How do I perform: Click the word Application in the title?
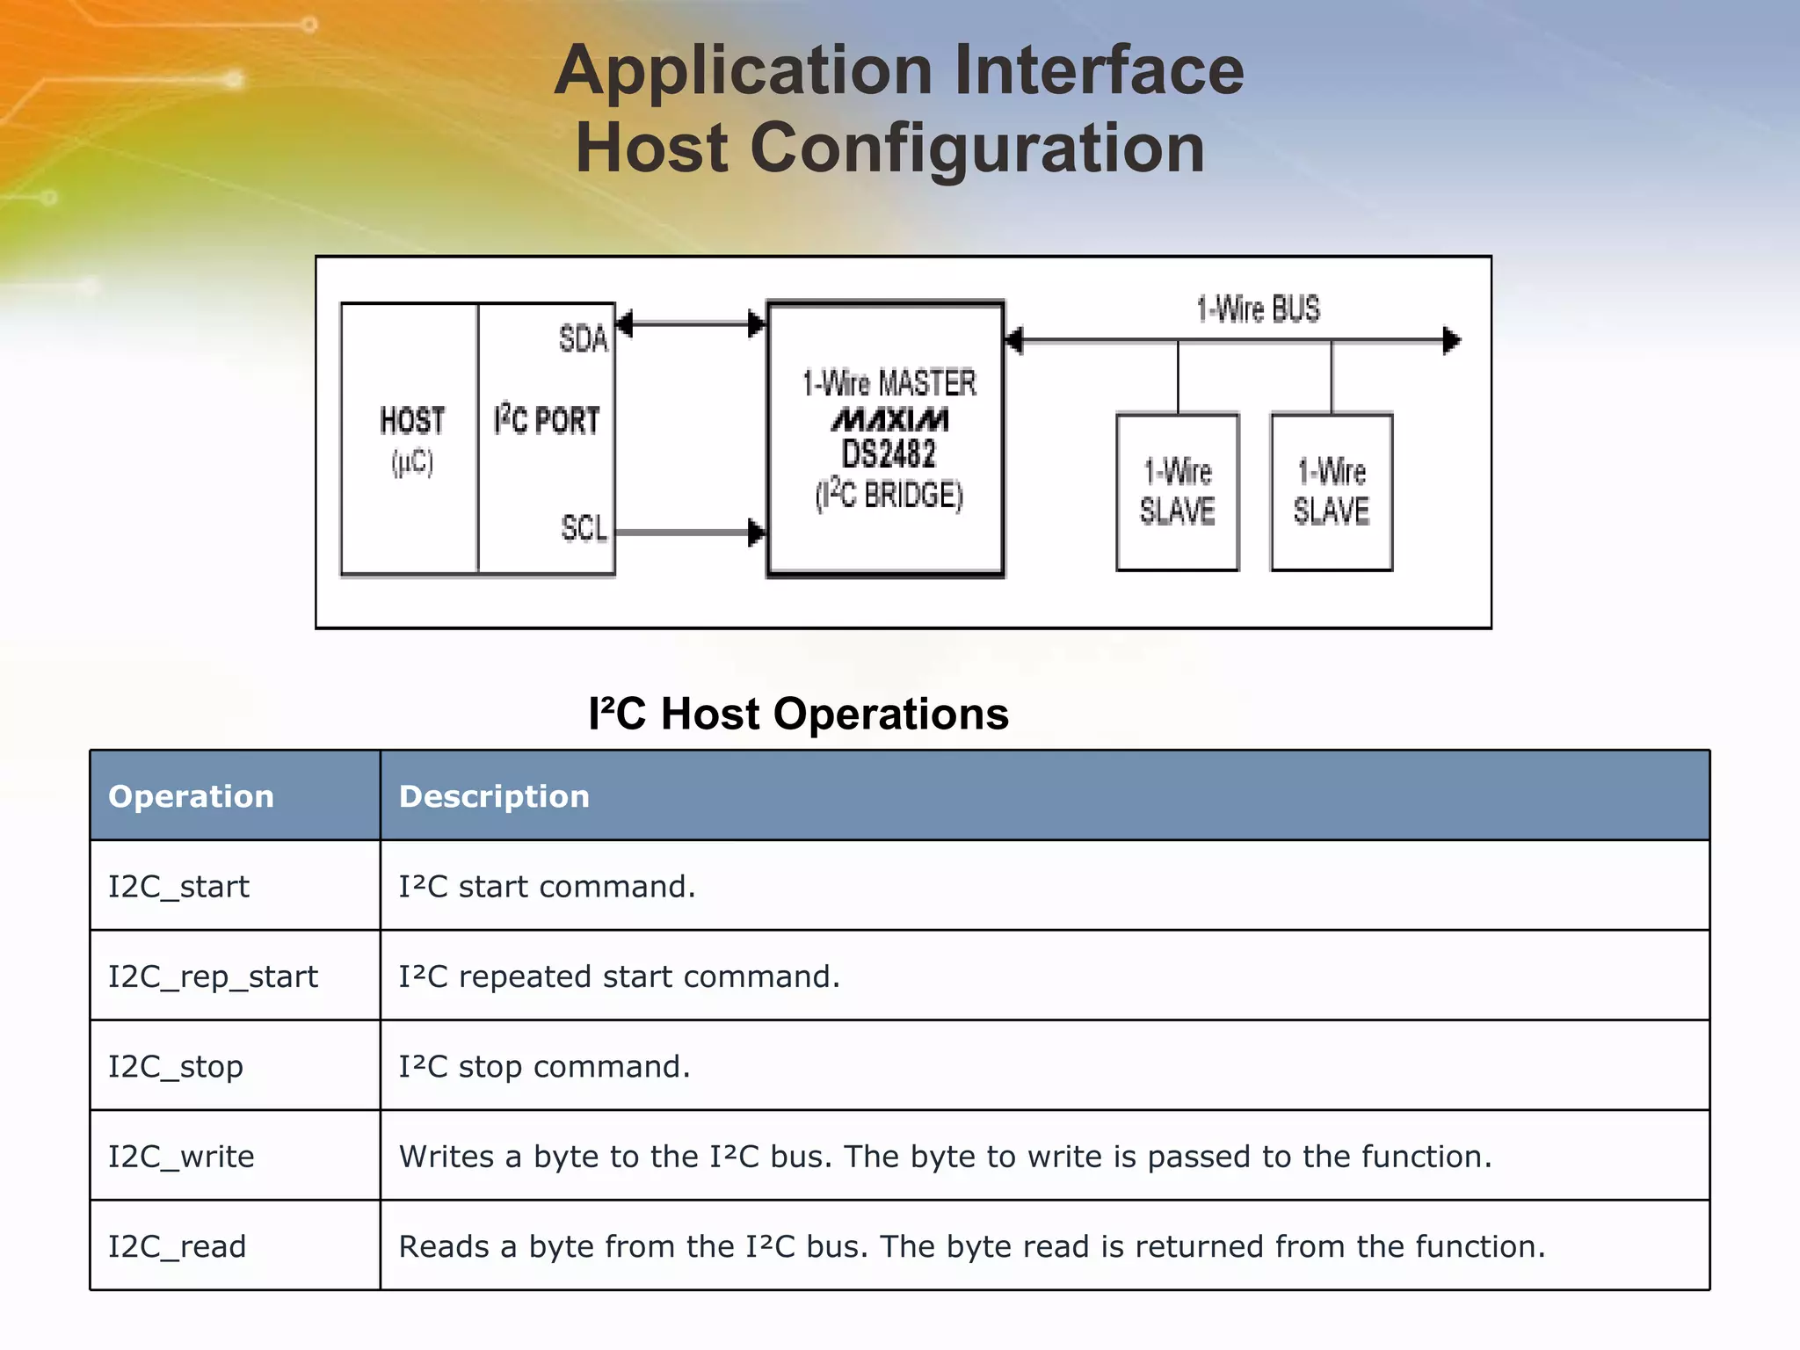tap(744, 72)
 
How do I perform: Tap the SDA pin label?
tap(583, 338)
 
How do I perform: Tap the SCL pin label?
tap(584, 528)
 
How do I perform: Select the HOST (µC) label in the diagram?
tap(411, 439)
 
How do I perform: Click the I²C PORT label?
tap(546, 420)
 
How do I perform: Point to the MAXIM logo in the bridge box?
tap(889, 419)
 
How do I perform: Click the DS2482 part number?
tap(889, 454)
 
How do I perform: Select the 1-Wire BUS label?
tap(1258, 309)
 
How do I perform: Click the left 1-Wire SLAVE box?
tap(1177, 492)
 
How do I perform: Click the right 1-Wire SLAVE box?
tap(1331, 492)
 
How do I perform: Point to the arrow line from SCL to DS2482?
tap(686, 533)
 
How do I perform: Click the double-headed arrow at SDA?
tap(690, 324)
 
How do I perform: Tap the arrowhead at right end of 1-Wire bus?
tap(1452, 340)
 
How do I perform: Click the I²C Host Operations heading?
tap(798, 714)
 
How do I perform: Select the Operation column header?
tap(191, 796)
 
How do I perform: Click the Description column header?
tap(494, 796)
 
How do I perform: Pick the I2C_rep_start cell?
tap(213, 976)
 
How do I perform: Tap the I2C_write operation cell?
tap(181, 1157)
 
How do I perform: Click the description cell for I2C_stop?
tap(545, 1067)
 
